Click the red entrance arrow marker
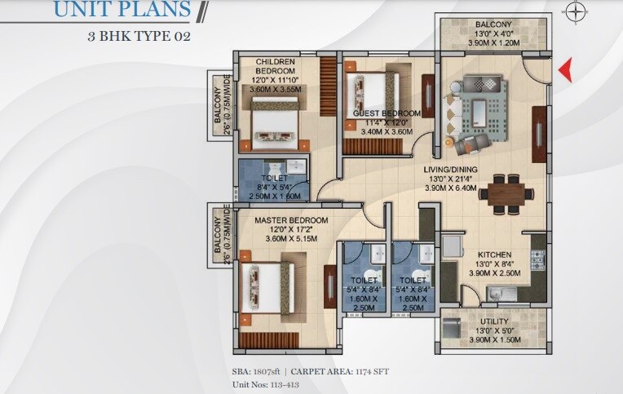[x=563, y=72]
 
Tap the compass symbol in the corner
[x=577, y=11]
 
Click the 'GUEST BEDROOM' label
[x=387, y=113]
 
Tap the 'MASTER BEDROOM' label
[x=291, y=220]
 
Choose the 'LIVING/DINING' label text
[x=450, y=170]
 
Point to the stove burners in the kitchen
[x=537, y=259]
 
